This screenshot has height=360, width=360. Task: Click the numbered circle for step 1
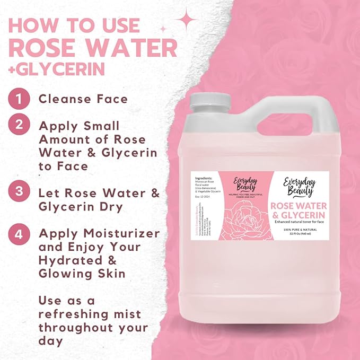click(19, 98)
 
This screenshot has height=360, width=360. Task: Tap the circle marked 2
click(19, 126)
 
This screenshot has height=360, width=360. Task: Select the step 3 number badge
click(19, 192)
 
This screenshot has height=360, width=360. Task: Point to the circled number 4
click(19, 233)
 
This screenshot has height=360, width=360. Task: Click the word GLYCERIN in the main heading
click(58, 69)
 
